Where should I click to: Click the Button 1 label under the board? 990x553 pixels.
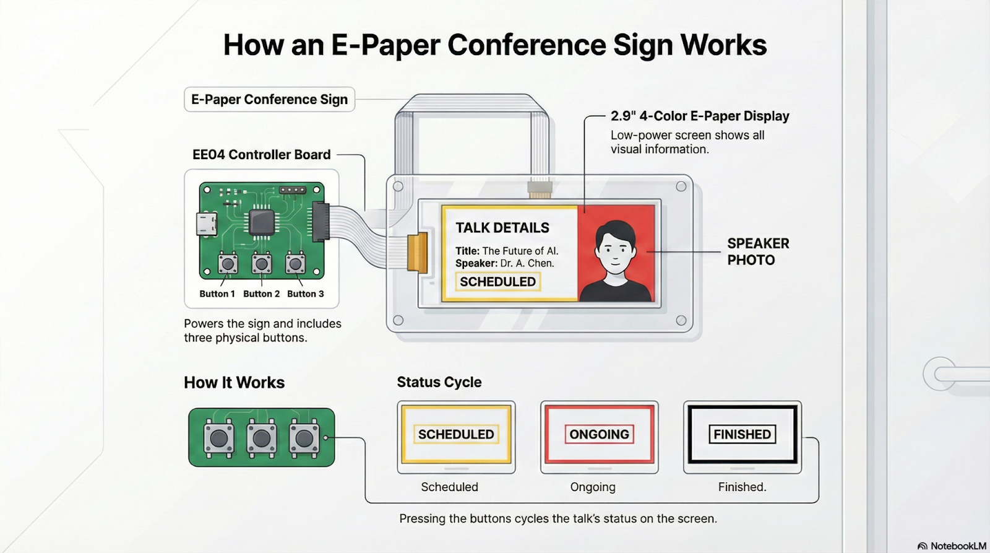[x=217, y=294]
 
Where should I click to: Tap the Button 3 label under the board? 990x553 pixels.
[x=306, y=294]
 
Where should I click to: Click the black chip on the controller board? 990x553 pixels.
[x=262, y=222]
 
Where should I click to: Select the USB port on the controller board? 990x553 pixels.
[x=207, y=224]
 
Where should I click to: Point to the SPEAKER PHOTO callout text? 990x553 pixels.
[x=758, y=251]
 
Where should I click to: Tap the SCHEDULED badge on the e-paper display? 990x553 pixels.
[x=497, y=282]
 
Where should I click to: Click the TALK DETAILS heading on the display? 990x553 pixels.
[x=502, y=227]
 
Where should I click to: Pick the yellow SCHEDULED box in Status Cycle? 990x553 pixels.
[x=456, y=435]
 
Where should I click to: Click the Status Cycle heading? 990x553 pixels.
[x=439, y=382]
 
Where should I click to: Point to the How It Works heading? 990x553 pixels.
[x=235, y=382]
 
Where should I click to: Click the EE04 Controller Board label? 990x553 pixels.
[x=261, y=154]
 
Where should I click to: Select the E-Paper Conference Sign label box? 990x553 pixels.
[x=269, y=99]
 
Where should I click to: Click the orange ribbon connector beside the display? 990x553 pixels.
[x=417, y=253]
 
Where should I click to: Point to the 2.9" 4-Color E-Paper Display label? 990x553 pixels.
[x=700, y=116]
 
